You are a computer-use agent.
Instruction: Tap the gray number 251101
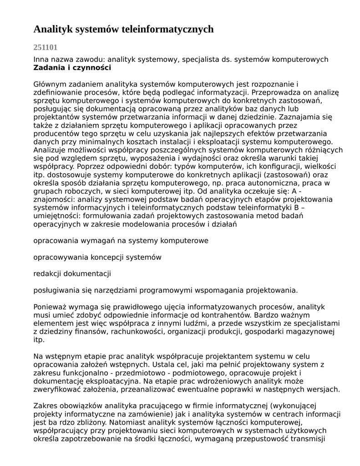click(x=46, y=47)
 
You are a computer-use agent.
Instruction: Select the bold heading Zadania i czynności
click(x=72, y=68)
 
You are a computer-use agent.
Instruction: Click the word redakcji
click(x=47, y=274)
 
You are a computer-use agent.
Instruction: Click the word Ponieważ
click(x=50, y=307)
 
